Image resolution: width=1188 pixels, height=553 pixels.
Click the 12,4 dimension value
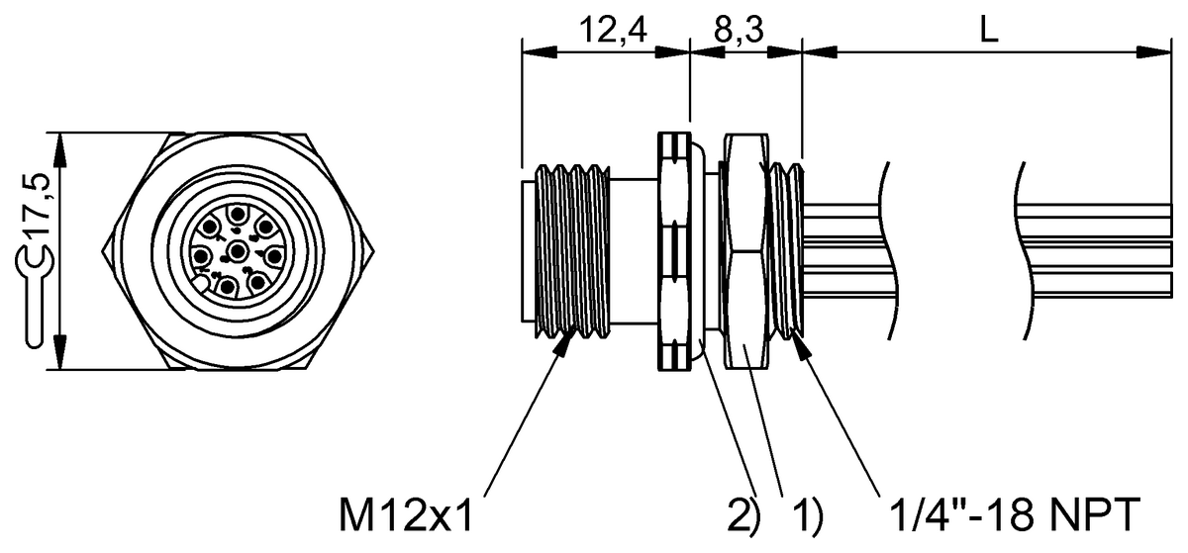click(x=613, y=30)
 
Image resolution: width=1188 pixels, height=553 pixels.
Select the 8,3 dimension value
click(x=739, y=30)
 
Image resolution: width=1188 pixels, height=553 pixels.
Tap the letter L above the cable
click(x=989, y=30)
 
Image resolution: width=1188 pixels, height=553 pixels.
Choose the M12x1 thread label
click(x=406, y=514)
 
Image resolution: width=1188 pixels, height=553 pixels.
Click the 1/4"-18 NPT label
click(x=1017, y=514)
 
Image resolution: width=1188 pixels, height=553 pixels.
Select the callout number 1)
click(x=808, y=515)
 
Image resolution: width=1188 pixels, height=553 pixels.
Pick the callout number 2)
click(x=743, y=515)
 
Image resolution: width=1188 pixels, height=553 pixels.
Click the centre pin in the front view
click(x=239, y=249)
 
